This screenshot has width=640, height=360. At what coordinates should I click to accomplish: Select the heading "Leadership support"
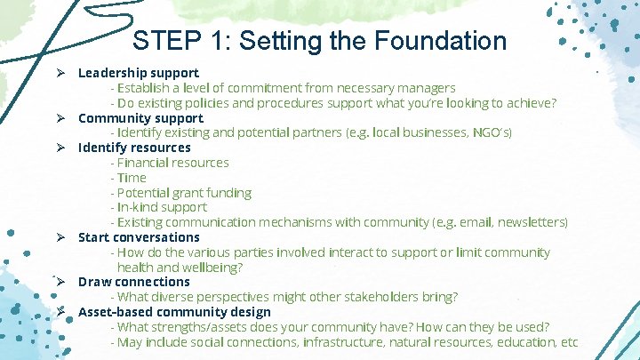138,72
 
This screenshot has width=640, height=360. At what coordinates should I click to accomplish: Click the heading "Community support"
140,117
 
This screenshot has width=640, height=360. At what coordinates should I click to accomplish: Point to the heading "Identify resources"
134,148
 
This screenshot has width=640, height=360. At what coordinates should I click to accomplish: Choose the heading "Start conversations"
139,237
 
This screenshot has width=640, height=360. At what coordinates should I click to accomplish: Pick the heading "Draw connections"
133,282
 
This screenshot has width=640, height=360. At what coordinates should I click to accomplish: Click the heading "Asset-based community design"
174,312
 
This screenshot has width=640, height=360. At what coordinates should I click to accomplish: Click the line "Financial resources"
172,163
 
